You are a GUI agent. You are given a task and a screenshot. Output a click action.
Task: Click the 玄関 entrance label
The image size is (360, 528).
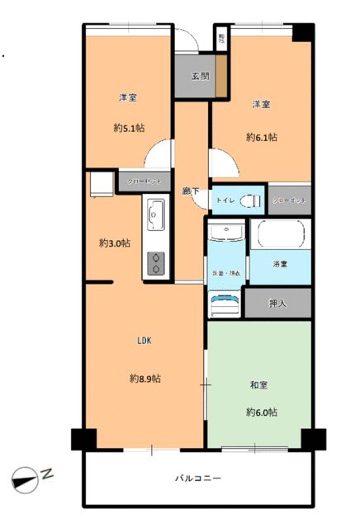pos(200,76)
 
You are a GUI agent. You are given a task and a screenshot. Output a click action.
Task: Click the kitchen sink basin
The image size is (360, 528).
pos(155,217)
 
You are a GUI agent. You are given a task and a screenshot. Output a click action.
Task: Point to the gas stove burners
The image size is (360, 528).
pos(155,263)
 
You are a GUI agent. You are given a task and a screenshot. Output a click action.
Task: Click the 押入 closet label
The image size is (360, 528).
pos(278,304)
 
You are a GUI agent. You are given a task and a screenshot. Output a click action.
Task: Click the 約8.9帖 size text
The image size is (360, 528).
pos(144,379)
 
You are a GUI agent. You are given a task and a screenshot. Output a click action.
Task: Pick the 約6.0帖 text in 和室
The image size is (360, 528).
pos(260,412)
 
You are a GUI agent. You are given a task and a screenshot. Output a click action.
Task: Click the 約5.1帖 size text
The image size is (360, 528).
pos(128,128)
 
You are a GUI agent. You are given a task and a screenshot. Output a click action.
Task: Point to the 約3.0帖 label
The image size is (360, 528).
pos(114,243)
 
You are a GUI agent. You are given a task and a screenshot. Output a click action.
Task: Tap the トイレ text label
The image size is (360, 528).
pos(225,200)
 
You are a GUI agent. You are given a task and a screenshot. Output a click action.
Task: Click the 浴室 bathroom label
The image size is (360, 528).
pos(280,265)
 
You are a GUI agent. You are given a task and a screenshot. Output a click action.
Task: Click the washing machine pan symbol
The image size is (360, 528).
pos(224,304)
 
